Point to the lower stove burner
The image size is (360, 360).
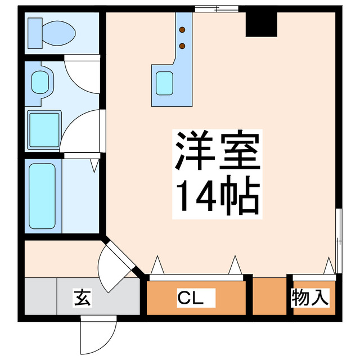tap(182, 46)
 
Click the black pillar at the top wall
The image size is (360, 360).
tap(262, 22)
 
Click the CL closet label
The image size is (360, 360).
tap(189, 296)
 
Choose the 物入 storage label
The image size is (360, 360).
tap(309, 297)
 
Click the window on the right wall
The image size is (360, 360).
tap(338, 236)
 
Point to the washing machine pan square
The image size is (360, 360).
tap(44, 130)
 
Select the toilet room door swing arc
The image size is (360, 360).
tap(82, 73)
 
